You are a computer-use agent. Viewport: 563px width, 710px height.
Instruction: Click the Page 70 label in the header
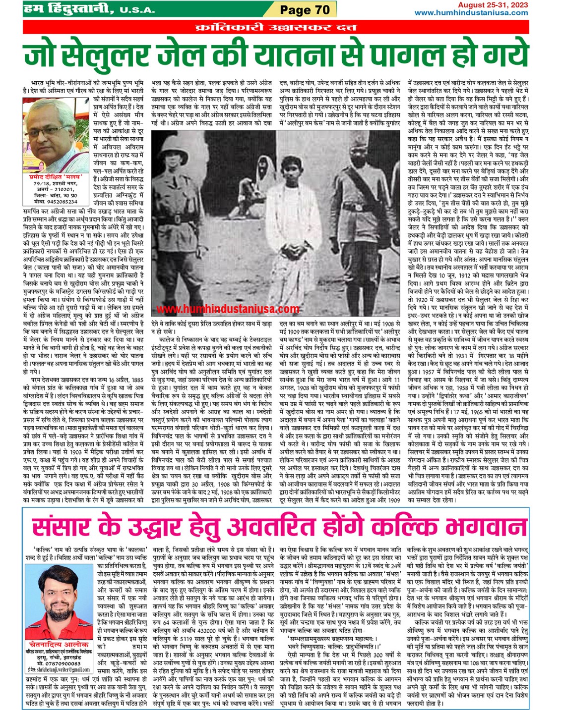pyautogui.click(x=305, y=9)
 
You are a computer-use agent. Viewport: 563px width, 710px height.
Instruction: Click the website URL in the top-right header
pyautogui.click(x=471, y=13)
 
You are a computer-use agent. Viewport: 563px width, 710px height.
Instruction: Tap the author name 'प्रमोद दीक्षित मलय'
pyautogui.click(x=56, y=176)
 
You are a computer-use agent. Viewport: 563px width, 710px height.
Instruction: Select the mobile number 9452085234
pyautogui.click(x=60, y=202)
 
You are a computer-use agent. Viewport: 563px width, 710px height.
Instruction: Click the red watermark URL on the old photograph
pyautogui.click(x=228, y=309)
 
